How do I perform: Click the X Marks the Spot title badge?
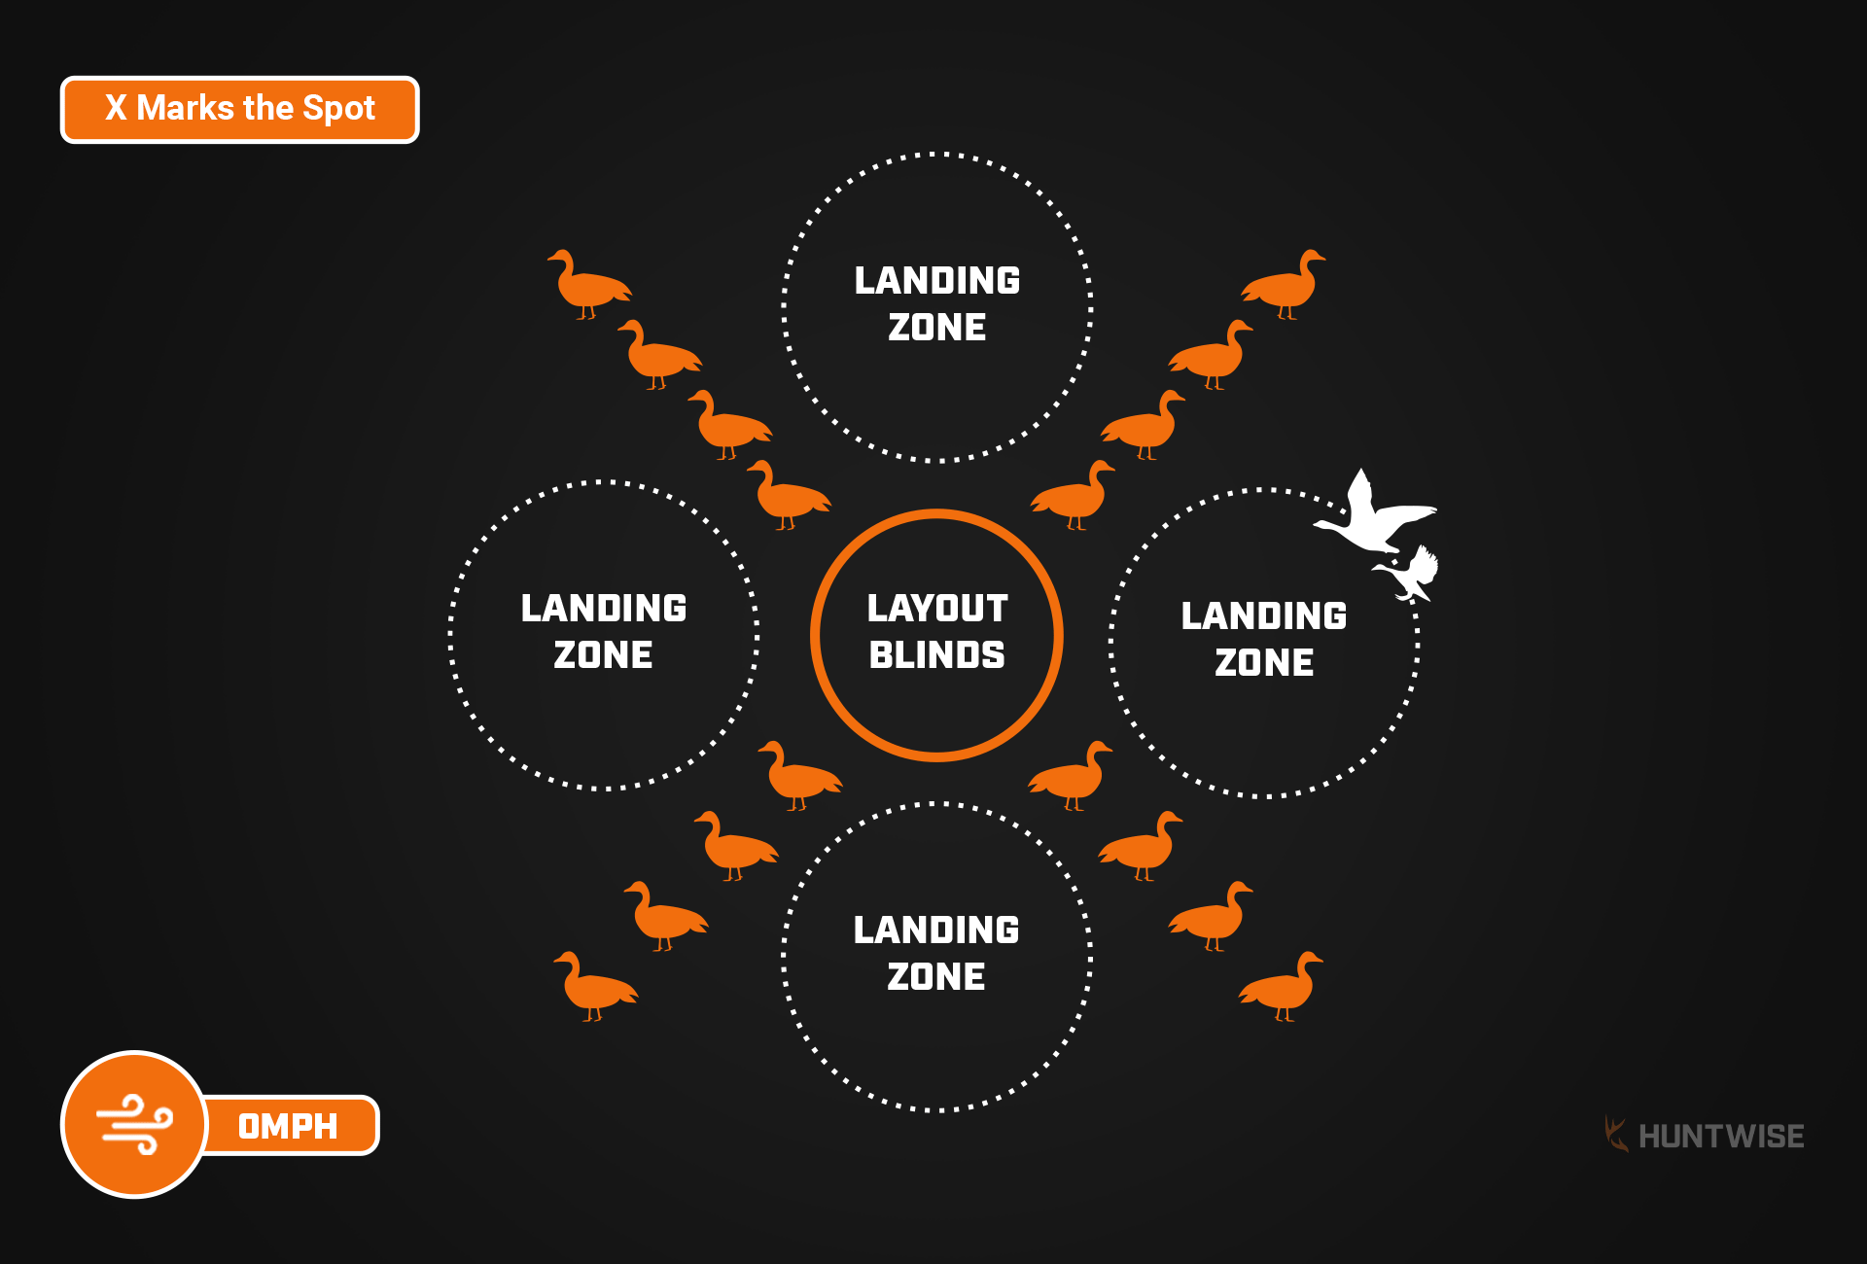[239, 109]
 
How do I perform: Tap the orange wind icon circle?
[134, 1124]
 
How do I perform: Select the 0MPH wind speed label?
[288, 1126]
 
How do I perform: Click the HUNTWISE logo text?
[1720, 1136]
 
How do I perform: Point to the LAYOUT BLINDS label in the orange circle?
[936, 632]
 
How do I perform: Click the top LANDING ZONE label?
[936, 303]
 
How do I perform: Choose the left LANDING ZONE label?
[604, 631]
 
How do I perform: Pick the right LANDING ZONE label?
[1264, 639]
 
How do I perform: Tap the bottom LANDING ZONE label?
[936, 953]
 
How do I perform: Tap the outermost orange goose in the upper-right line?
[1286, 284]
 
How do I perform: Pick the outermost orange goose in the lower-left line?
[593, 986]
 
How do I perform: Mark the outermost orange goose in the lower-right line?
[1283, 986]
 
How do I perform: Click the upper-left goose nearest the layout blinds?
[788, 495]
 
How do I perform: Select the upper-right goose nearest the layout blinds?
[1074, 495]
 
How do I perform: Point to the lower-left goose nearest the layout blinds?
[797, 776]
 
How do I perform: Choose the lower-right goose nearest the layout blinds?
[1072, 776]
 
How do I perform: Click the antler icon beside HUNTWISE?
[1615, 1135]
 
